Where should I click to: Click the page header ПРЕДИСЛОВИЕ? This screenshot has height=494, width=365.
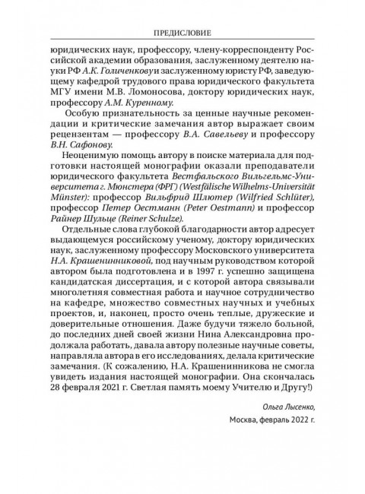click(x=182, y=33)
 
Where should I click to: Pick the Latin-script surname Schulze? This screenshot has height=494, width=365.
click(x=157, y=249)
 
